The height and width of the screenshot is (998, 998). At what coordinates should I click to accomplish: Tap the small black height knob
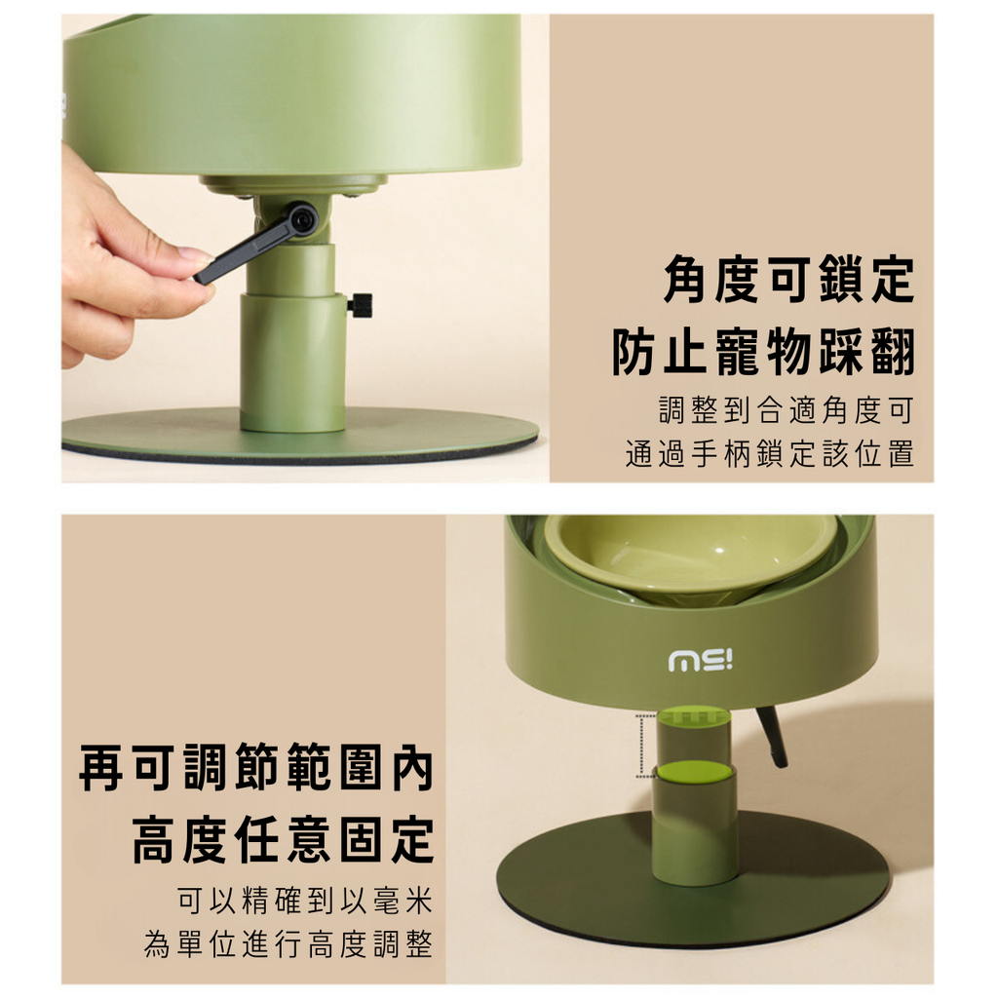coord(360,304)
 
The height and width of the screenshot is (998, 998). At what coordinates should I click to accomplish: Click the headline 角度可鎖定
coord(788,279)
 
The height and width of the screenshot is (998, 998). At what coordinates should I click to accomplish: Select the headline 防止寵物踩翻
coord(763,351)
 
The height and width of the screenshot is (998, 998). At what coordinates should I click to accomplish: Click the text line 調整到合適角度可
coord(787,410)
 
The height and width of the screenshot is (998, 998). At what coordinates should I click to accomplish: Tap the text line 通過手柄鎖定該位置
coord(770,453)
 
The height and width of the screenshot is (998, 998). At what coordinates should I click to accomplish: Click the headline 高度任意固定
coord(284,839)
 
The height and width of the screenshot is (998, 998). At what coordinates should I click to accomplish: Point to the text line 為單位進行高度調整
coord(288,943)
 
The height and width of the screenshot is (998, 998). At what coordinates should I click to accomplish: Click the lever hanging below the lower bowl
coord(772,735)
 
